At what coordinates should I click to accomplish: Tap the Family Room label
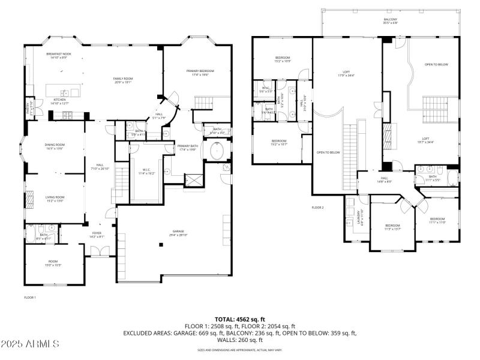coord(123,80)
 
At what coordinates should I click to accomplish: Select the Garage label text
coord(178,233)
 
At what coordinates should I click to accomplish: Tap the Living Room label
coord(55,199)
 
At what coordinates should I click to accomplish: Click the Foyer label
coord(96,235)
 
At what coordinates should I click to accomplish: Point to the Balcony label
coord(391,21)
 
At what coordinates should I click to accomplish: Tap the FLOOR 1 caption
coord(30,298)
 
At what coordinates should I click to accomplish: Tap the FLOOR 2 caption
coord(317,208)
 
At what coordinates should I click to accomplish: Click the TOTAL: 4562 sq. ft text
coord(239,319)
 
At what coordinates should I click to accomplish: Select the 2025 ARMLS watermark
coord(30,344)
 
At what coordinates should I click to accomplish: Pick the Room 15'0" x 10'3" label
coord(53,263)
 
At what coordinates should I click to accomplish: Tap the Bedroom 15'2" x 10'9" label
coord(283,59)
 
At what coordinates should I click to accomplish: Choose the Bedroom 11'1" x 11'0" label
coord(437,220)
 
